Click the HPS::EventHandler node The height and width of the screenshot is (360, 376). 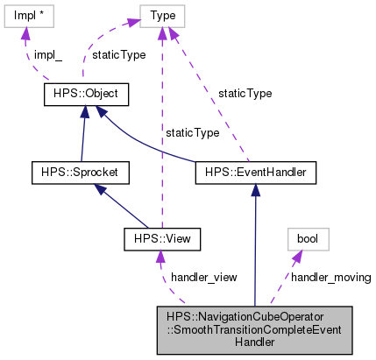click(254, 172)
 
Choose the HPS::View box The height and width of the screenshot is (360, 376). click(163, 237)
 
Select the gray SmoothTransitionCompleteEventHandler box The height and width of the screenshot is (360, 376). click(254, 328)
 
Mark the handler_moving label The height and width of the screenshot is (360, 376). click(330, 277)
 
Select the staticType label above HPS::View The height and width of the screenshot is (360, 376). click(193, 132)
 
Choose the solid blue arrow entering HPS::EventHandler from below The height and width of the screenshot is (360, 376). click(254, 245)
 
